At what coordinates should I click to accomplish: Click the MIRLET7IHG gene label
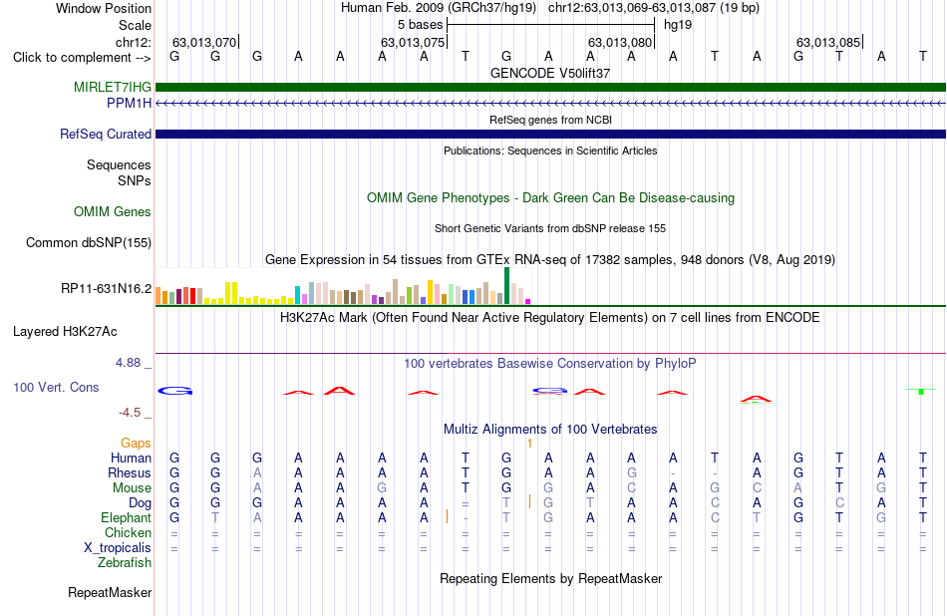pos(113,87)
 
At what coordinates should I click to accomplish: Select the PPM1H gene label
pos(130,104)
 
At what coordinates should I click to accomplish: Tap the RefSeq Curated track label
pos(106,135)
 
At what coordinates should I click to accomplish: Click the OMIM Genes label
pos(113,212)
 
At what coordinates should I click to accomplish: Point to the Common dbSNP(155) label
pos(89,243)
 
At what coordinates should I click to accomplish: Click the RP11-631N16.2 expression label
pos(107,289)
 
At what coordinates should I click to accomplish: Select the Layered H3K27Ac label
pos(65,332)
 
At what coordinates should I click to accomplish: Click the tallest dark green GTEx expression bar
pos(506,286)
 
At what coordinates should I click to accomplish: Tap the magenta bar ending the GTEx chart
pos(528,301)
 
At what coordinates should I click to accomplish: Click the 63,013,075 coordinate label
pos(413,42)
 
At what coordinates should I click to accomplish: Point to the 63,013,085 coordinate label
pos(828,42)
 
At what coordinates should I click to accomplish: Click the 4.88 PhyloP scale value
pos(128,363)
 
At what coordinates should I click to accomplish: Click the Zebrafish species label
pos(125,563)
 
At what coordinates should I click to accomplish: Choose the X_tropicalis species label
pos(118,548)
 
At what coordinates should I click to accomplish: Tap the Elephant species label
pos(127,518)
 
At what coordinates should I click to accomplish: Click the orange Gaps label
pos(136,444)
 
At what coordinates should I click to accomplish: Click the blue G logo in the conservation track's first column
pos(175,392)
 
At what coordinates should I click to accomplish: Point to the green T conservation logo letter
pos(921,392)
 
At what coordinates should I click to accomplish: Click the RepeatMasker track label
pos(110,592)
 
